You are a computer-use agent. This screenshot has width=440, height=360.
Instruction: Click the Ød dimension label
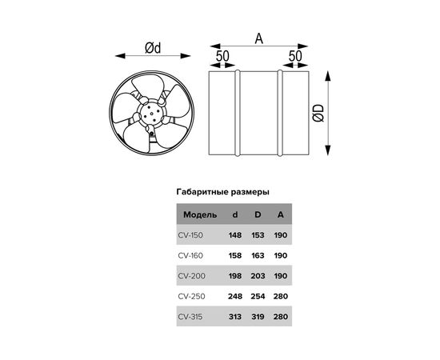153,48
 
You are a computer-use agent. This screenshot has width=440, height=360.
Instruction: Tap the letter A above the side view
259,38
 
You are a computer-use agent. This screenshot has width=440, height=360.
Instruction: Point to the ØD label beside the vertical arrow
318,113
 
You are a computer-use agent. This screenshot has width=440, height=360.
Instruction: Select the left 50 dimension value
222,56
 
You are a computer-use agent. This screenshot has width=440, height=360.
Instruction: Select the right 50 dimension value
295,56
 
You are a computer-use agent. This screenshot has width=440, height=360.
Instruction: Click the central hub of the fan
151,114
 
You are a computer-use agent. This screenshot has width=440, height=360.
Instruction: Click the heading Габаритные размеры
223,192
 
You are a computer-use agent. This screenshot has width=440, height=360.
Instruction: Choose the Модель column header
200,215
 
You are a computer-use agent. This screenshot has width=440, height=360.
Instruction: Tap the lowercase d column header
235,215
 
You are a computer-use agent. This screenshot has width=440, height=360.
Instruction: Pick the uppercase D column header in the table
258,215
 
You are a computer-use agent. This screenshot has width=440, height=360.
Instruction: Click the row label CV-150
190,235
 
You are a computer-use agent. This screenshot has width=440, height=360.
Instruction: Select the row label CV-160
190,256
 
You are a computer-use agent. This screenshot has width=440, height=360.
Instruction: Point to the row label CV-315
190,317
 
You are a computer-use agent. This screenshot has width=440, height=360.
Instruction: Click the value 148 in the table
235,235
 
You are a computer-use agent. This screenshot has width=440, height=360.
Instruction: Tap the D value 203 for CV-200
258,276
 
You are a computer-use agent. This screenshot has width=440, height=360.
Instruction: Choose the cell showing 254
258,296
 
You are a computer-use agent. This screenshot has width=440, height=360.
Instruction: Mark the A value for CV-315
281,317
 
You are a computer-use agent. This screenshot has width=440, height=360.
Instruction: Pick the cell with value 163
258,256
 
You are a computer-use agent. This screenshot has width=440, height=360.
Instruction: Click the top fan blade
148,86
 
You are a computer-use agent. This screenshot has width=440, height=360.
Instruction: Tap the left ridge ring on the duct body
238,113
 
